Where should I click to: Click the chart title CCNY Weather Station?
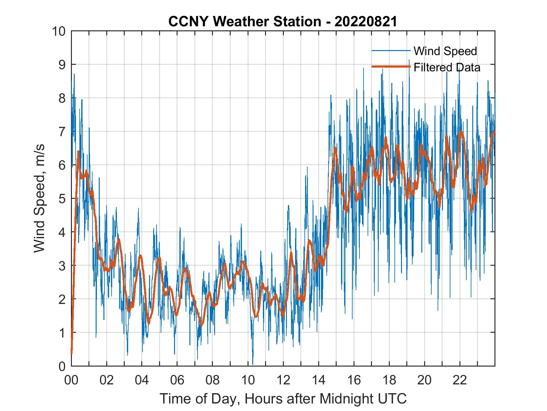244,22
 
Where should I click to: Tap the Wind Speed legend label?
445,51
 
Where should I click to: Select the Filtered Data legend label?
447,67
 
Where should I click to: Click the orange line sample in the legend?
391,67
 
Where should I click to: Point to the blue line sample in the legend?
391,51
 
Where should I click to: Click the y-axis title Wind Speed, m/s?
40,198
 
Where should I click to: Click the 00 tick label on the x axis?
71,380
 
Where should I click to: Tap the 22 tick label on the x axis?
460,380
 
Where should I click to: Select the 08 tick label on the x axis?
213,380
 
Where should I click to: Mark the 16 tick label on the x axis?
354,380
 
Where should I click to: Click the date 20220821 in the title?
365,22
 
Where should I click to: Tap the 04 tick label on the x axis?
142,380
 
